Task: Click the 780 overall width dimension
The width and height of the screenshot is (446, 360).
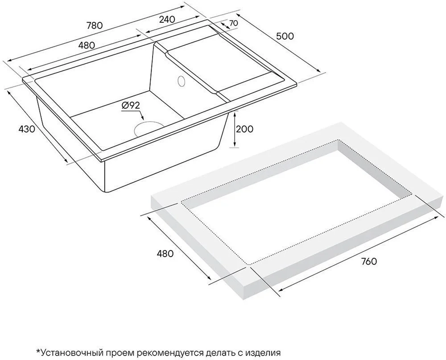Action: tap(95, 25)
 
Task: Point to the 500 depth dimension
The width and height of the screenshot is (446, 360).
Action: tap(285, 36)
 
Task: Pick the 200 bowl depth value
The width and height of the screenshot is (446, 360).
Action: tap(244, 129)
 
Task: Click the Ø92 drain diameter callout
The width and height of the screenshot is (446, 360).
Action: tap(131, 106)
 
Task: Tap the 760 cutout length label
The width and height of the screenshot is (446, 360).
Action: tap(369, 261)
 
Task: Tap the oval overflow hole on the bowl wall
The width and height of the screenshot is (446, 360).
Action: tap(181, 81)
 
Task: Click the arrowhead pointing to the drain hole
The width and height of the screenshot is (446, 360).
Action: tap(143, 117)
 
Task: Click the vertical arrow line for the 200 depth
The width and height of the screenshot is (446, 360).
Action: tap(235, 130)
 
